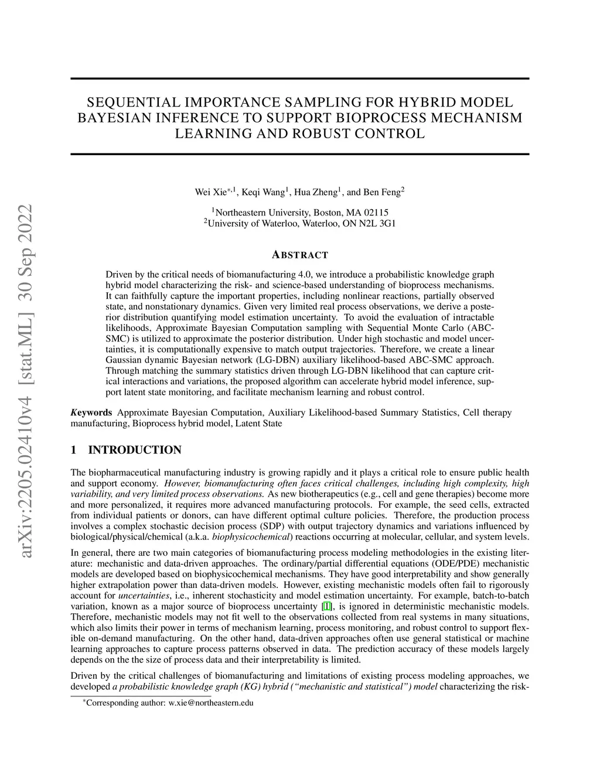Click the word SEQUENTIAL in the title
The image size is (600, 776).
click(x=131, y=102)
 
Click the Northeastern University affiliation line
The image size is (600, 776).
click(x=300, y=213)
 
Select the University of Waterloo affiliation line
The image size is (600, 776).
click(x=300, y=223)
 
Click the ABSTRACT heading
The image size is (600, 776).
click(x=300, y=255)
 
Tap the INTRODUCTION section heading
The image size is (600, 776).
click(x=135, y=450)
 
